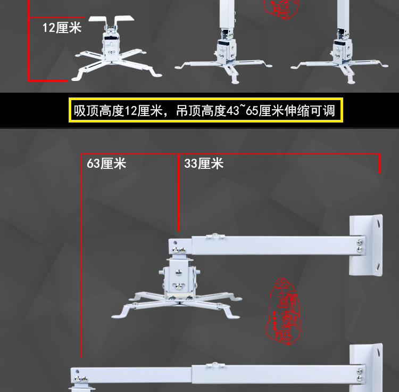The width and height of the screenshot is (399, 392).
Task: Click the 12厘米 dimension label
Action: tap(62, 27)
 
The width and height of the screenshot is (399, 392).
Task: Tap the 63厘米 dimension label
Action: tap(106, 164)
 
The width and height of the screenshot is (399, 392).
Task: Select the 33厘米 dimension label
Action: tap(204, 164)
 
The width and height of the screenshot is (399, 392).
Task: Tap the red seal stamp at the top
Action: tap(282, 9)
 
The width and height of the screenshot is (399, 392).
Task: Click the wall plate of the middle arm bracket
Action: tap(366, 244)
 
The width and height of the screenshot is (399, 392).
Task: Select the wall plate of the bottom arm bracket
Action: tap(366, 367)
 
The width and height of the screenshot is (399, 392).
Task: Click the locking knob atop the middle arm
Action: tap(214, 234)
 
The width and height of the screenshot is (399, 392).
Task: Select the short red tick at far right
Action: tap(380, 164)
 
